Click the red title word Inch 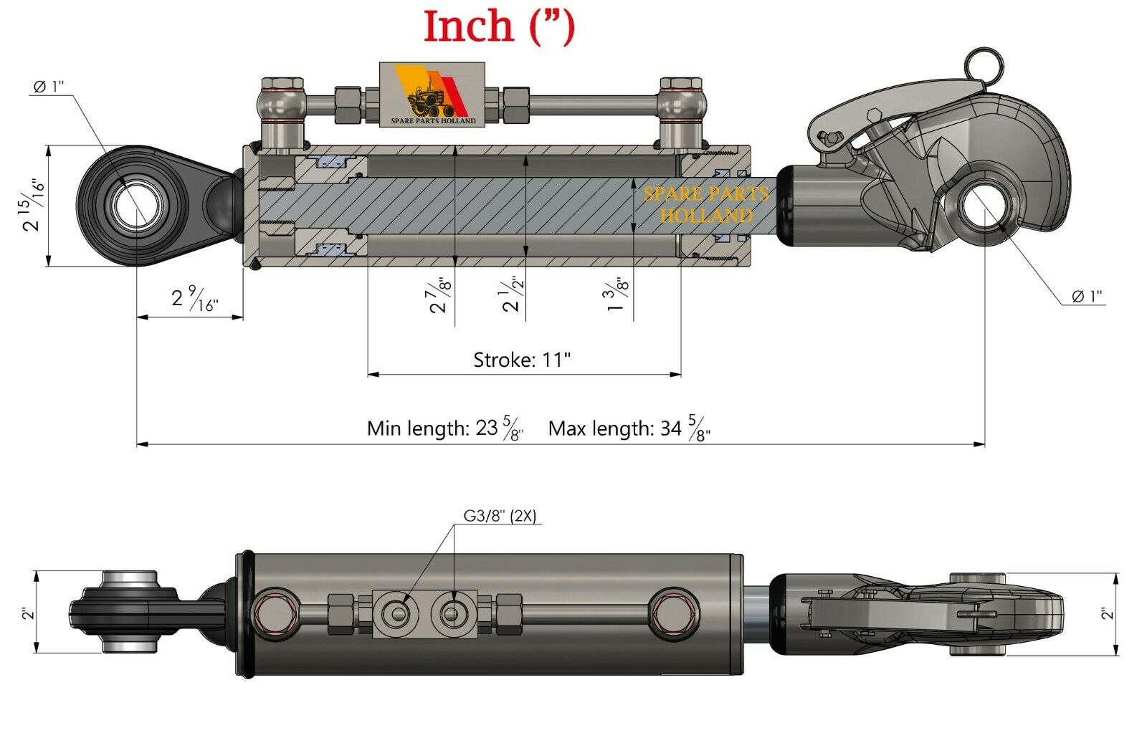point(470,27)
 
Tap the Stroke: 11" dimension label point(522,359)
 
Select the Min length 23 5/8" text point(444,428)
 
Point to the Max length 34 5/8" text point(629,428)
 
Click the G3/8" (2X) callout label point(500,515)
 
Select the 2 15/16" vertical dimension point(33,206)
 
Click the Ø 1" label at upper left point(49,87)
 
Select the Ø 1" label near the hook point(1087,296)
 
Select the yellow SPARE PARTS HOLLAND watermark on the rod point(705,204)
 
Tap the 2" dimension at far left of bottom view point(27,613)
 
